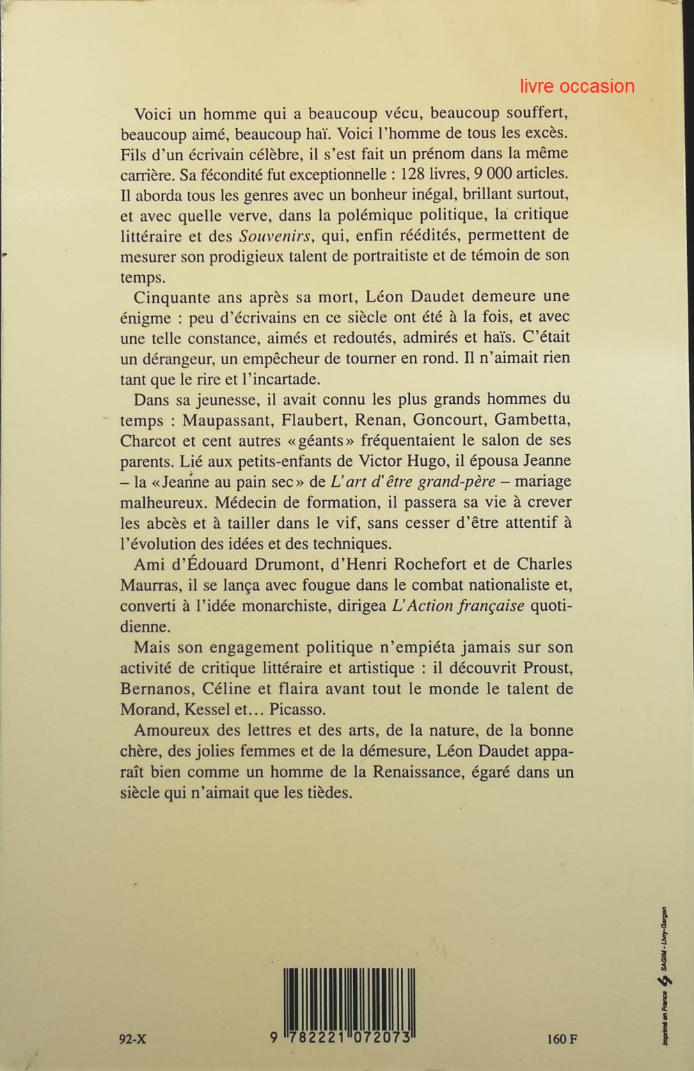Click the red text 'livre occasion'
(577, 86)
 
